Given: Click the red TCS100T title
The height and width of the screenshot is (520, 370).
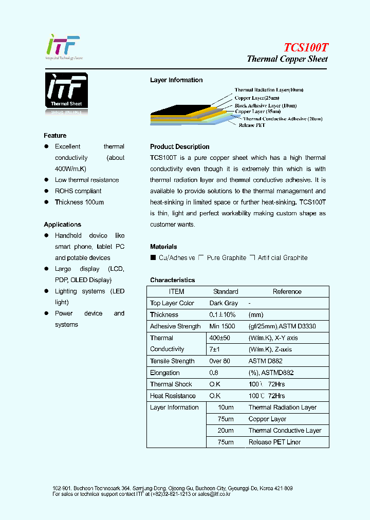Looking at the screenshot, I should [x=306, y=47].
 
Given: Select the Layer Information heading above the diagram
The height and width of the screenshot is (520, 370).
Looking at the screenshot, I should [x=176, y=80].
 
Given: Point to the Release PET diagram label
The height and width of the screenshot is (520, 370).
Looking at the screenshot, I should [x=252, y=125].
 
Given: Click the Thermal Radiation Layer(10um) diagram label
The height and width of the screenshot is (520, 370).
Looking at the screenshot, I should [x=269, y=90].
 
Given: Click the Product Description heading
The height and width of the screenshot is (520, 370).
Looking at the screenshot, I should [x=179, y=147].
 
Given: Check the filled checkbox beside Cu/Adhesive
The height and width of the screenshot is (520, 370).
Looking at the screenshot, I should [x=153, y=257].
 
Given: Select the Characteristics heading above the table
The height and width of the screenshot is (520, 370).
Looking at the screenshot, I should [x=172, y=280].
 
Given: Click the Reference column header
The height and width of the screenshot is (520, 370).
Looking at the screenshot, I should [x=287, y=291].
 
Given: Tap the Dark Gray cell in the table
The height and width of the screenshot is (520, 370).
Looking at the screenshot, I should [x=224, y=303].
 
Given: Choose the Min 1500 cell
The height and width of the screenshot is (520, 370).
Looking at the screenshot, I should [x=222, y=326].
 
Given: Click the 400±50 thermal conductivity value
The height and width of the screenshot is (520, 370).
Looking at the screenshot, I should [x=220, y=338].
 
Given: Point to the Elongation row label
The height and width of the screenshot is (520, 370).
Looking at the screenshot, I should [x=164, y=373].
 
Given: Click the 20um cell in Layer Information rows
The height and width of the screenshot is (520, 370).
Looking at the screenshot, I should [x=225, y=431].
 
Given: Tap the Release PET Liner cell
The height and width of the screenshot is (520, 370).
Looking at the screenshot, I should [x=274, y=442].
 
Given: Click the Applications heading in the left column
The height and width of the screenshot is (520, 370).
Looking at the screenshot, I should [x=62, y=225].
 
